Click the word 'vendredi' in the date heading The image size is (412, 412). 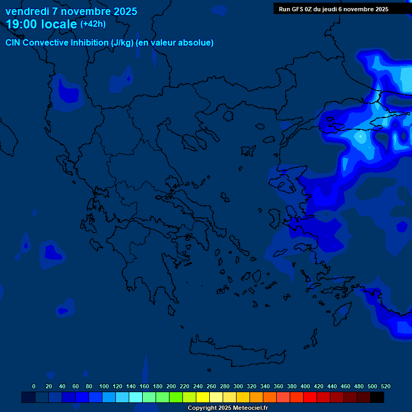(x=25, y=11)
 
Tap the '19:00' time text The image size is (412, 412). (x=22, y=24)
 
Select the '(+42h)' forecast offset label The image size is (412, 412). (x=93, y=24)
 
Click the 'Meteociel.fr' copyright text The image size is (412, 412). (x=246, y=408)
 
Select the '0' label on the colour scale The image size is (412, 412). (x=34, y=387)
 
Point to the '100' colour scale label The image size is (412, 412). (x=104, y=387)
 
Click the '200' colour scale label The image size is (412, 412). (x=171, y=387)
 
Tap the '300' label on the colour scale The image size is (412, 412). (x=238, y=387)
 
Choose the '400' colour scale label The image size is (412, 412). (x=305, y=387)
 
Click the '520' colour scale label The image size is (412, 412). (x=385, y=387)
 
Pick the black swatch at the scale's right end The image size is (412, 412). (x=377, y=397)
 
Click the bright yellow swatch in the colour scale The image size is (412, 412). (x=203, y=397)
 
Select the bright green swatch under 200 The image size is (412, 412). (x=176, y=397)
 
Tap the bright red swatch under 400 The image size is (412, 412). (x=310, y=397)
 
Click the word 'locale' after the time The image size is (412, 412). (x=61, y=24)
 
